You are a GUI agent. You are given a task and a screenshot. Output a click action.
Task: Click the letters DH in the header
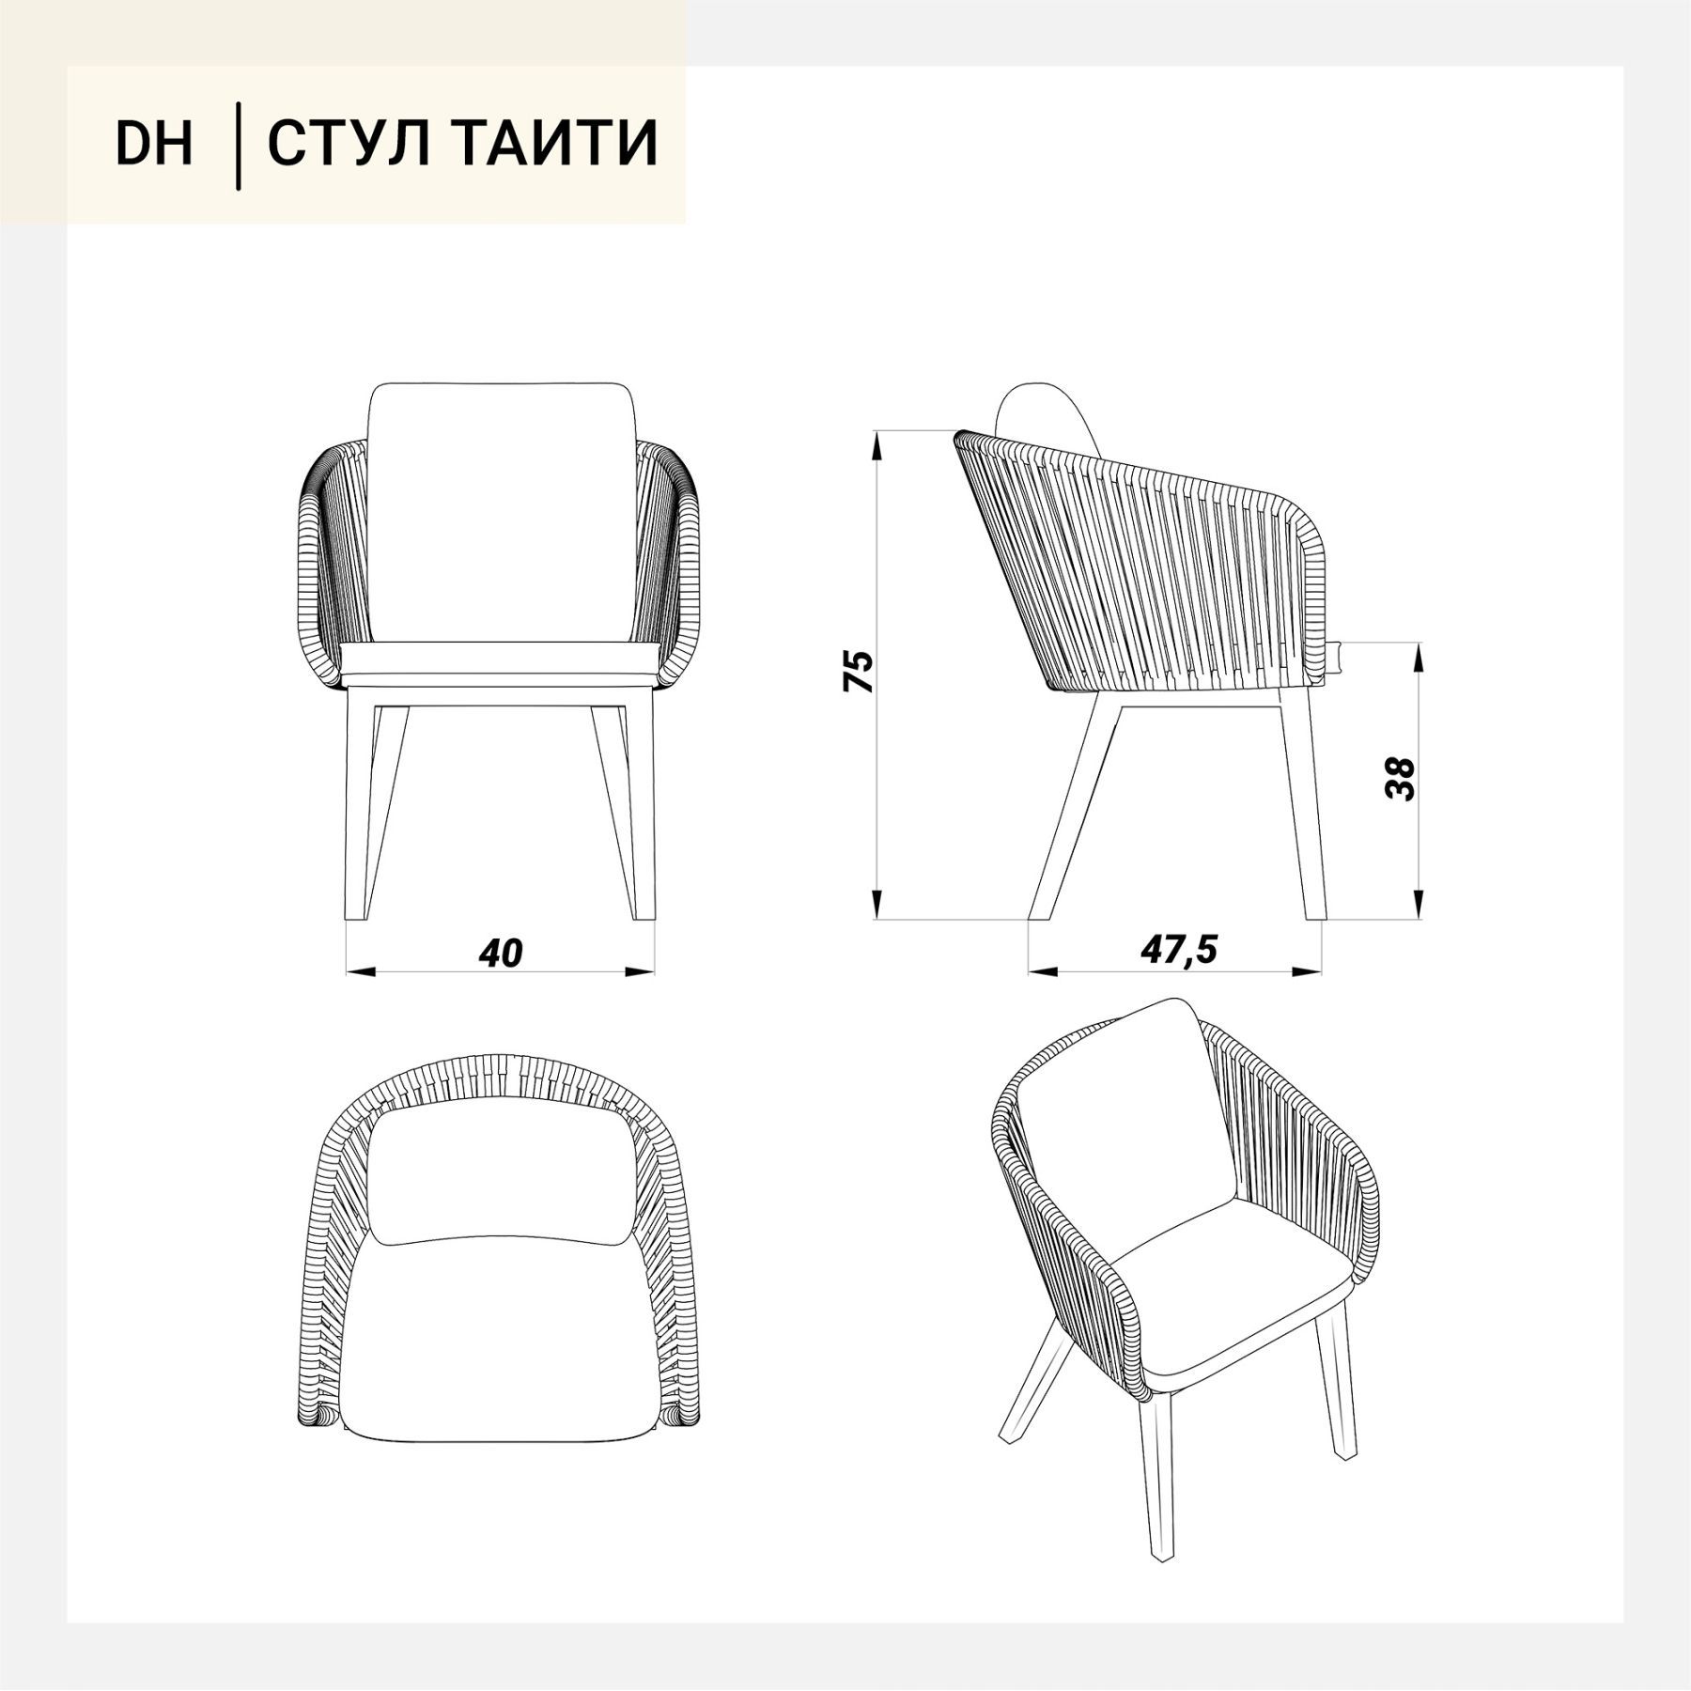click(x=154, y=144)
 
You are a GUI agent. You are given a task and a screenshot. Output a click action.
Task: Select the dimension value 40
click(x=500, y=953)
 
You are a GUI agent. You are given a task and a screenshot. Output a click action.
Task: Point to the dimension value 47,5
click(x=1179, y=950)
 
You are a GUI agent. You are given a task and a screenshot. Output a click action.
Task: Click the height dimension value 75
click(x=859, y=671)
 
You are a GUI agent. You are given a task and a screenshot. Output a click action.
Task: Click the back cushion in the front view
click(x=499, y=512)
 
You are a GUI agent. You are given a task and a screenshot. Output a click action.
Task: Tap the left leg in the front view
click(x=372, y=808)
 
